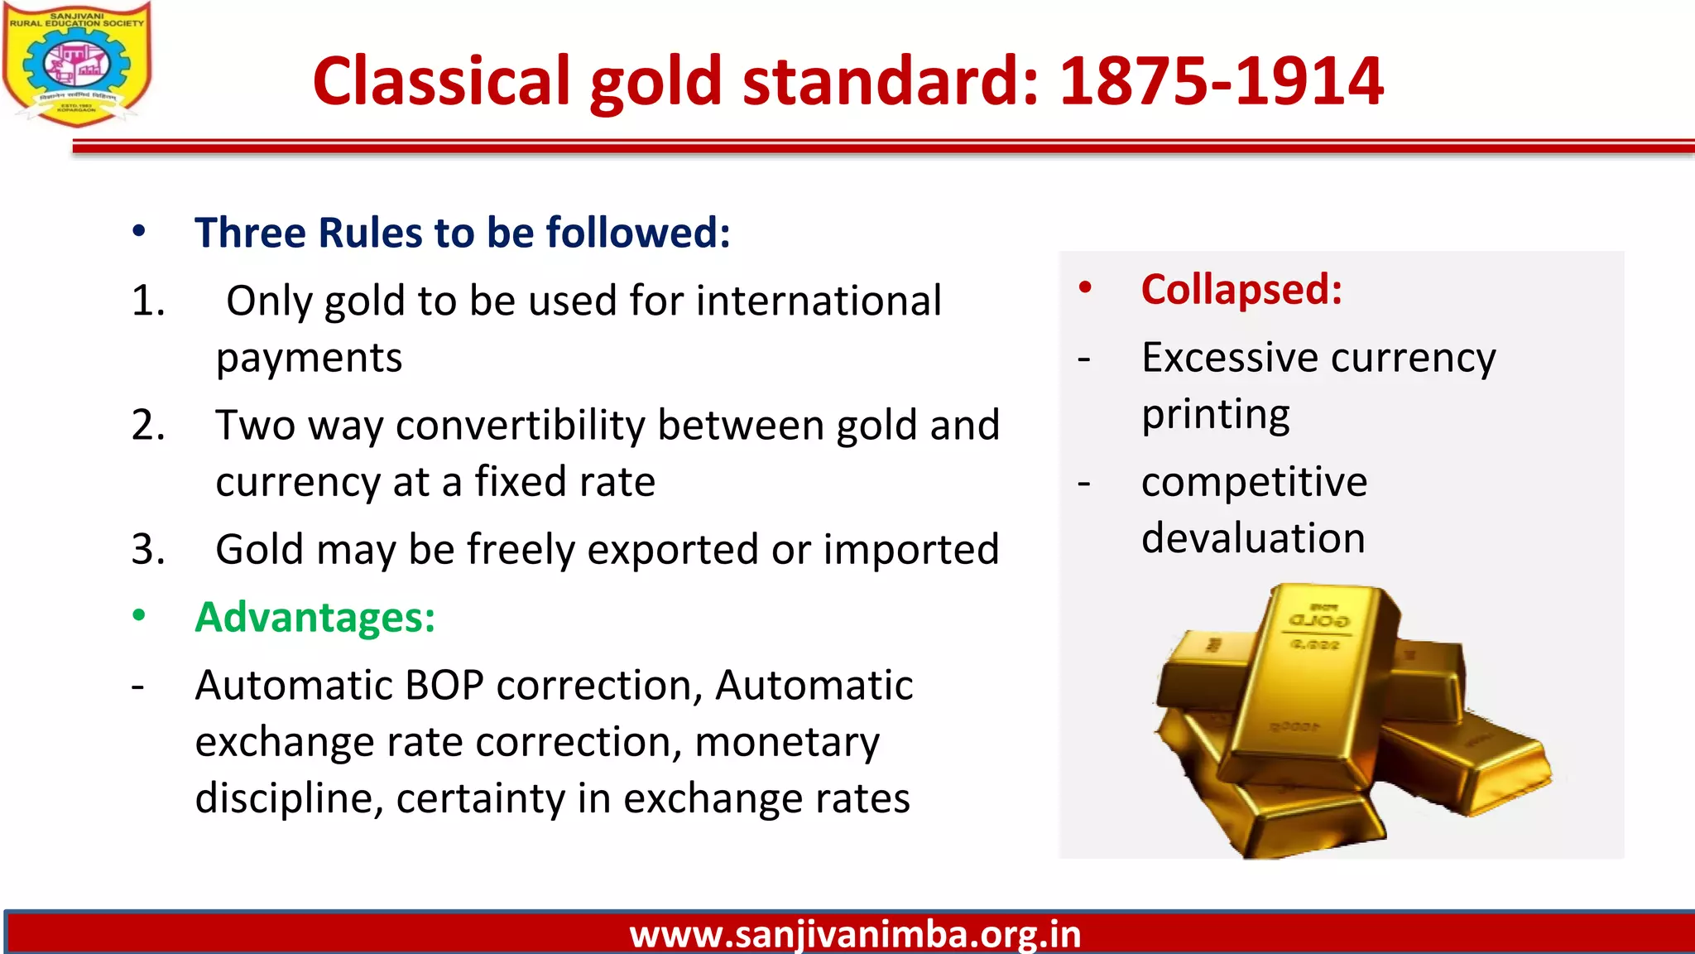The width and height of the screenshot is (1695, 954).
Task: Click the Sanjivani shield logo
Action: [76, 65]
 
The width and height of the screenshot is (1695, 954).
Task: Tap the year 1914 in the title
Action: [1304, 81]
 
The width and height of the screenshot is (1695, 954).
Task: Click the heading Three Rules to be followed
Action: [462, 233]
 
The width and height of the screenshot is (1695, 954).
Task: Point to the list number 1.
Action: [148, 301]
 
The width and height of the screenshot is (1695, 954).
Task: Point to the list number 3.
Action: [148, 550]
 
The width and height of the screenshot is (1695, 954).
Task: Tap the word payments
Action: [309, 358]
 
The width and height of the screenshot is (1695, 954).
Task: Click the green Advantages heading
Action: [315, 618]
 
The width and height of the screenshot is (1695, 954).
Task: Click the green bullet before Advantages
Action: [139, 616]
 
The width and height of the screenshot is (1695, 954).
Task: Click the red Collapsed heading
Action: [1241, 290]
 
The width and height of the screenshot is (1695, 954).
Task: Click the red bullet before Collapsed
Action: [1085, 288]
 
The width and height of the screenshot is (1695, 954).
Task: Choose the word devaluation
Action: [1253, 538]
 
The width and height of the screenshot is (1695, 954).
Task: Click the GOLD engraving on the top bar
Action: [1318, 620]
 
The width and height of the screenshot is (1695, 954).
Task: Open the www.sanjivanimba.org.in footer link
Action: [855, 934]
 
